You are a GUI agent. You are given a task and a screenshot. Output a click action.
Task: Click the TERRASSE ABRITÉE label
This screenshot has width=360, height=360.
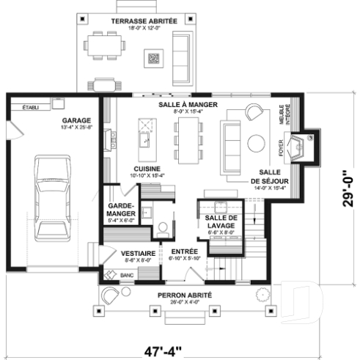[144, 21]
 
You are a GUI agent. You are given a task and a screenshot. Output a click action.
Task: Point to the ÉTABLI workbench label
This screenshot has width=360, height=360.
[31, 108]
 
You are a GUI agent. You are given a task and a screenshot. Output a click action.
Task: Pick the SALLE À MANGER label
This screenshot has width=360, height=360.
[188, 105]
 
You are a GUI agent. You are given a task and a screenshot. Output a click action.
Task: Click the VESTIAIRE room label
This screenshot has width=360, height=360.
[136, 253]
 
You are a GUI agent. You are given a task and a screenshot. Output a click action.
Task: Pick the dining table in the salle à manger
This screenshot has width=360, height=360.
[188, 140]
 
